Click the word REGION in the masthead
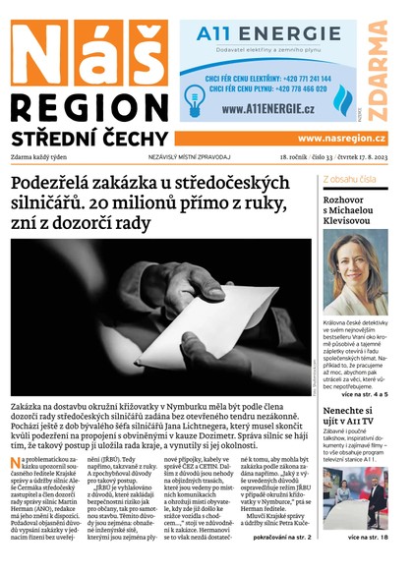pyautogui.click(x=83, y=105)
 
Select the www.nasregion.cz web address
pyautogui.click(x=341, y=139)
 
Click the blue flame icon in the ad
pyautogui.click(x=343, y=99)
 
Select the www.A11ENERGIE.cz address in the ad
pyautogui.click(x=266, y=108)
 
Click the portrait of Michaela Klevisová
pyautogui.click(x=355, y=272)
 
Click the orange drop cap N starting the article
pyautogui.click(x=17, y=463)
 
